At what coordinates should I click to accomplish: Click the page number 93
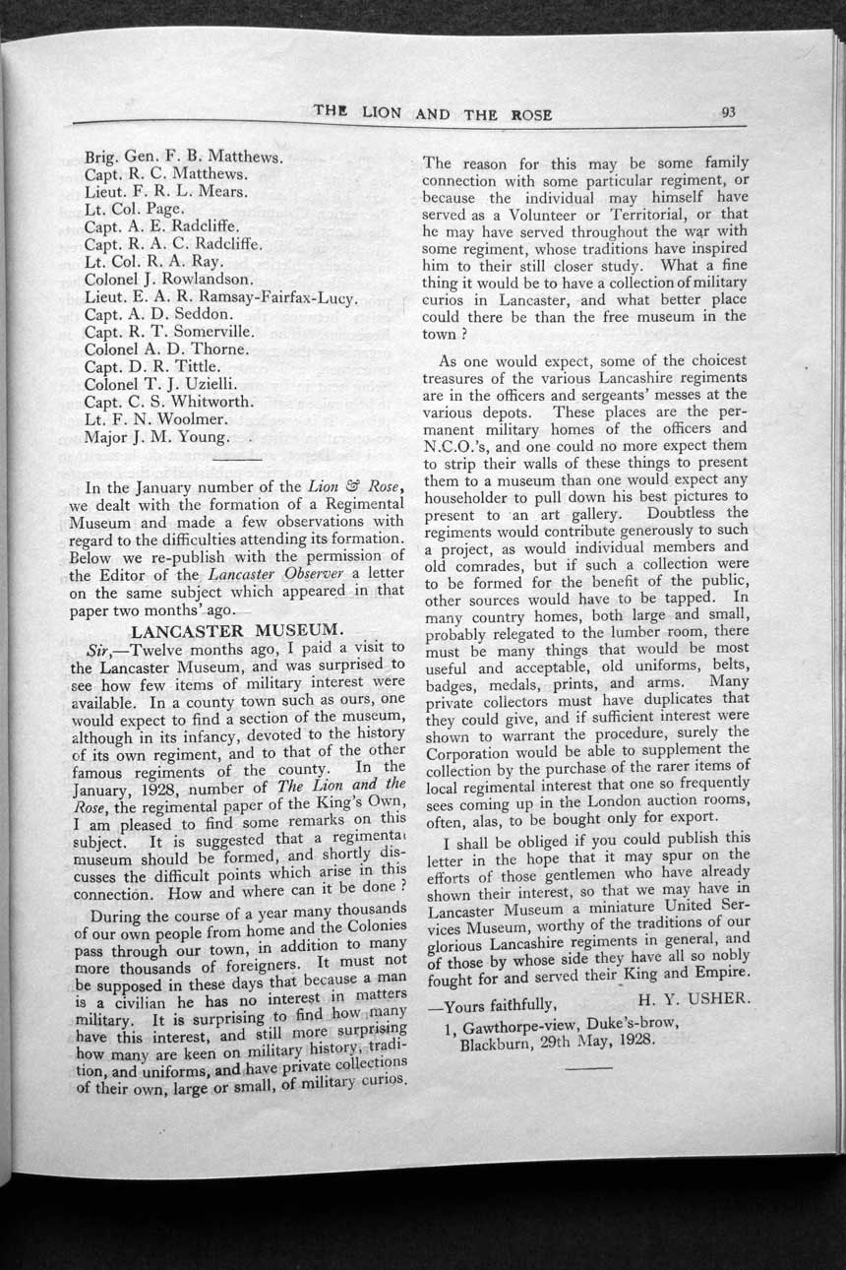pos(728,112)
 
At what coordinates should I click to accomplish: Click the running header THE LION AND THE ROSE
pos(432,112)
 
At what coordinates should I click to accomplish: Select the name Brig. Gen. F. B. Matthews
pos(184,157)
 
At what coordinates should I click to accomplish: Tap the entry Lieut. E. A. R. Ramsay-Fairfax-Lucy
pos(220,296)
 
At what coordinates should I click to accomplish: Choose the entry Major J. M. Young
pos(157,436)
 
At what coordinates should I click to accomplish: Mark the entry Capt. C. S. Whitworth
pos(169,402)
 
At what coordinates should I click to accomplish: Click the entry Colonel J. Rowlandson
pos(169,279)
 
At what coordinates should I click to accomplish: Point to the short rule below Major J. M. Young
pos(237,458)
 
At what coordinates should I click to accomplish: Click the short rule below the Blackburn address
pos(589,1067)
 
